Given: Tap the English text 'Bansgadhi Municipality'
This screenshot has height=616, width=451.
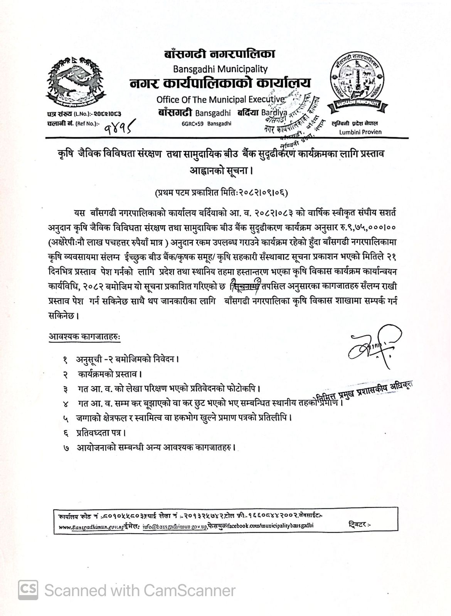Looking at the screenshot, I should point(220,69).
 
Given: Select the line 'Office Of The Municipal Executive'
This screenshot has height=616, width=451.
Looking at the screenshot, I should point(220,99).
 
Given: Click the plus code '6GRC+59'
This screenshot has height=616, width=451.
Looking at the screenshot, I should point(192,124).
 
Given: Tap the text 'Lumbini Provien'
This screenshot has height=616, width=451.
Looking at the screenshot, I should point(360,132).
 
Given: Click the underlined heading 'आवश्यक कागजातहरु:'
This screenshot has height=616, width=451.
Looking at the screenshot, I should point(84,336).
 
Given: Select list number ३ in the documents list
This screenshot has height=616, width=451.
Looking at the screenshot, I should point(66,388).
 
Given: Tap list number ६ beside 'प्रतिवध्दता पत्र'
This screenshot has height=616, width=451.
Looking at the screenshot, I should point(66,433).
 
